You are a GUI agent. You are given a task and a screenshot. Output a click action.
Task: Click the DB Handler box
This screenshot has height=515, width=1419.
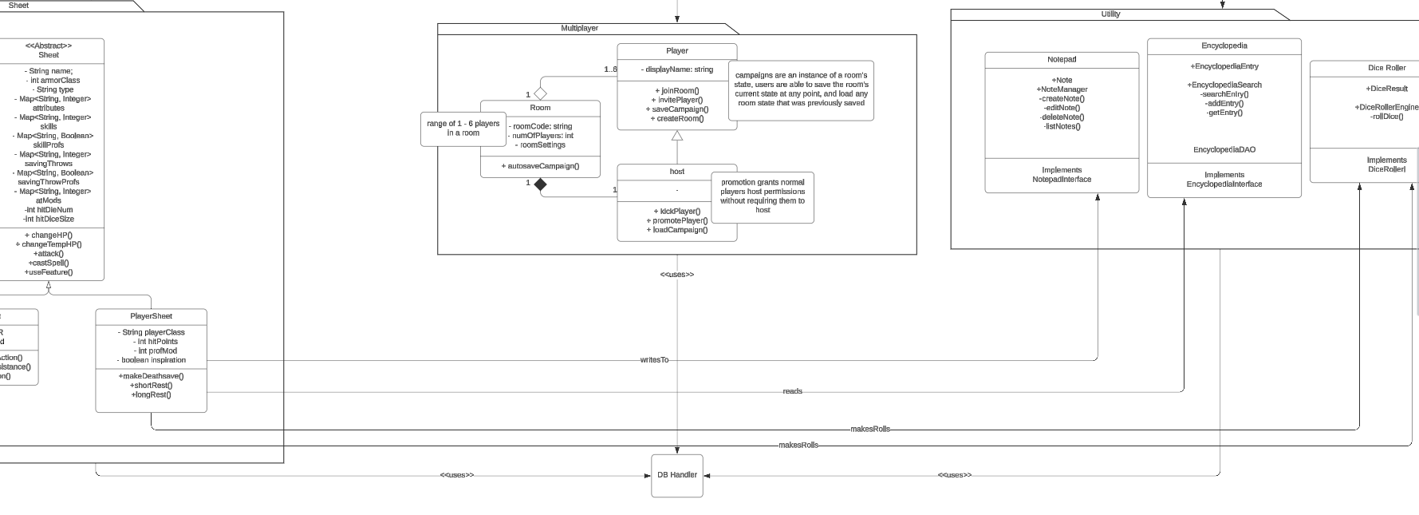(676, 475)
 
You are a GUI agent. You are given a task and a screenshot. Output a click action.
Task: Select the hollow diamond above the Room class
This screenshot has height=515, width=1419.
(540, 94)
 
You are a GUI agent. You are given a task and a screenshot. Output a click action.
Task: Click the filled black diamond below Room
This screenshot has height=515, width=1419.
(540, 184)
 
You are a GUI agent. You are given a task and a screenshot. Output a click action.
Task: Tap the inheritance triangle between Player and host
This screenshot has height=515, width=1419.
(677, 136)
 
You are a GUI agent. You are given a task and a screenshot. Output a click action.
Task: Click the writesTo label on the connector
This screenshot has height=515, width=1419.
(654, 360)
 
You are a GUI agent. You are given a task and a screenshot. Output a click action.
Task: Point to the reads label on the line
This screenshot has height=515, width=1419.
(792, 391)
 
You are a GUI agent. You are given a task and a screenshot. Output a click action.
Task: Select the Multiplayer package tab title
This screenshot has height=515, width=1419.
(579, 28)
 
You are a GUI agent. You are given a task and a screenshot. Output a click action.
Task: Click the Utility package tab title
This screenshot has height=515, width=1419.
(1110, 14)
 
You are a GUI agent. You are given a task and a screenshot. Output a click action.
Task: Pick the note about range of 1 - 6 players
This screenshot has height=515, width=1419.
(463, 129)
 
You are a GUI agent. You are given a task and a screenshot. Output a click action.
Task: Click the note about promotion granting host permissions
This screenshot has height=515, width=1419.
(763, 196)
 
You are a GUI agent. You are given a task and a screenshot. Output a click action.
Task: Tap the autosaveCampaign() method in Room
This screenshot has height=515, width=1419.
(540, 166)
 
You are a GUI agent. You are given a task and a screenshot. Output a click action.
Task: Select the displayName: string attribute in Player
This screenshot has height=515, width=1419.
(677, 69)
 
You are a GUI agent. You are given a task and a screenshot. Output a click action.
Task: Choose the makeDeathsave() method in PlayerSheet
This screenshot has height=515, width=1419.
(151, 376)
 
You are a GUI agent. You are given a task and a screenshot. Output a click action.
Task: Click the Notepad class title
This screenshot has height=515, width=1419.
(1062, 60)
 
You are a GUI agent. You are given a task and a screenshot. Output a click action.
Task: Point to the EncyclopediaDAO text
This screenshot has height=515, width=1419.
(1224, 150)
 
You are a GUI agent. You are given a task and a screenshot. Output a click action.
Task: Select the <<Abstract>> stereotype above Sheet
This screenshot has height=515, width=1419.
(49, 46)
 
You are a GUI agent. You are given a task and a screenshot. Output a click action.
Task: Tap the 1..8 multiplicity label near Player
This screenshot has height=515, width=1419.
(610, 69)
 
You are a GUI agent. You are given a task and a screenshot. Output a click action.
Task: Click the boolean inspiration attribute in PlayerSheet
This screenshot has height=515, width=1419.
(151, 360)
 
